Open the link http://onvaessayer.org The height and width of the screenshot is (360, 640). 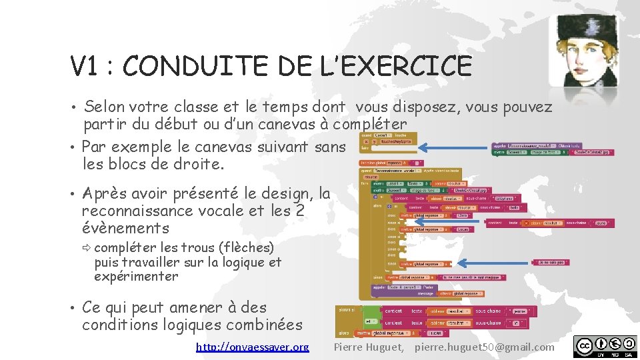click(253, 347)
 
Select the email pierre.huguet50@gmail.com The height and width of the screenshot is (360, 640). click(484, 347)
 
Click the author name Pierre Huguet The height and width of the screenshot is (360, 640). click(368, 347)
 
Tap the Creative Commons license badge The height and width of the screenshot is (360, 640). click(605, 347)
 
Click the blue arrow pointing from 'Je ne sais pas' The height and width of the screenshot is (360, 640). click(493, 263)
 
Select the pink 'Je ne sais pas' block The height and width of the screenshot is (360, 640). click(550, 263)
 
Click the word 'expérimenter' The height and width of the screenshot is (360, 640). click(136, 276)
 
